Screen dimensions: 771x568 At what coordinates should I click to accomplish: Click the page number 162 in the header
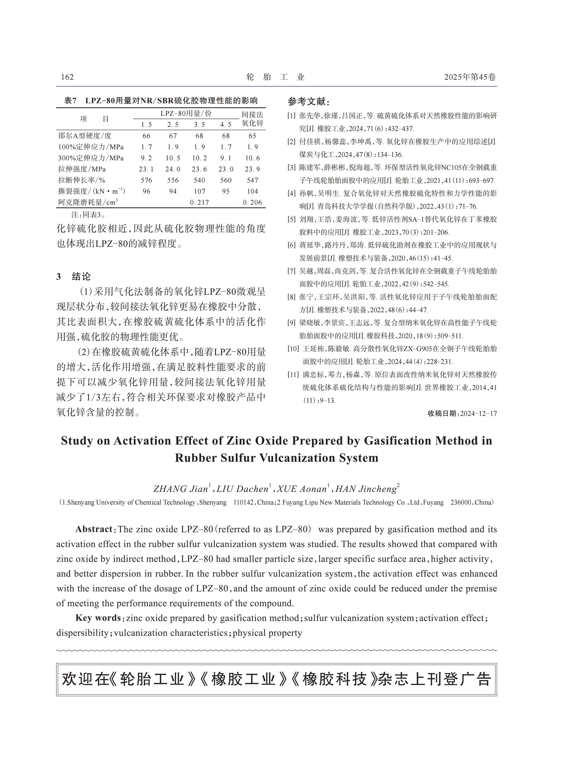pyautogui.click(x=67, y=77)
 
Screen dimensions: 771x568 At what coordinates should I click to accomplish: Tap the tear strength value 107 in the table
pyautogui.click(x=199, y=191)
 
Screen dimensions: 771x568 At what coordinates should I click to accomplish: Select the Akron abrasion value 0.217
pyautogui.click(x=199, y=203)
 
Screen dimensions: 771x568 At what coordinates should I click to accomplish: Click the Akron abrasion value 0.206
pyautogui.click(x=252, y=203)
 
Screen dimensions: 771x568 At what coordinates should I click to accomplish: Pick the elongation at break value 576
pyautogui.click(x=147, y=180)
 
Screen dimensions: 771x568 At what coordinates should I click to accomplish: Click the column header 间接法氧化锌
pyautogui.click(x=252, y=119)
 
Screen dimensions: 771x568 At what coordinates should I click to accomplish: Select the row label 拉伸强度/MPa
pyautogui.click(x=82, y=169)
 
